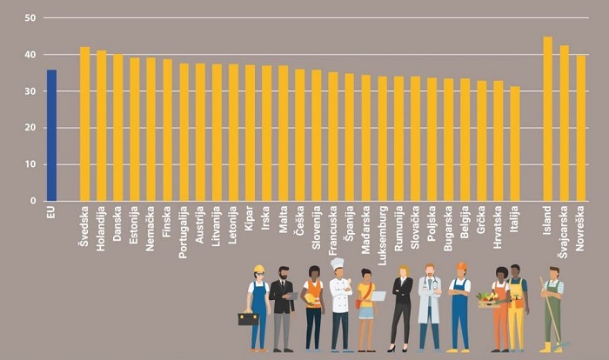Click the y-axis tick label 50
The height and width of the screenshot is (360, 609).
coord(30,18)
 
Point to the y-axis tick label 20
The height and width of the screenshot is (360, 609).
coord(30,128)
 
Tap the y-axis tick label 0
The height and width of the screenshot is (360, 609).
coord(33,201)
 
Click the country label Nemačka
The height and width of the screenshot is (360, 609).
coord(151,229)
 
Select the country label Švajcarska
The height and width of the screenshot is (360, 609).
coord(565,233)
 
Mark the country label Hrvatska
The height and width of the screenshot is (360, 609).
coord(499,228)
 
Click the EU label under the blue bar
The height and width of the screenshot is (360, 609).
coord(51,211)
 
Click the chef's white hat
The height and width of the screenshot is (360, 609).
coord(338,263)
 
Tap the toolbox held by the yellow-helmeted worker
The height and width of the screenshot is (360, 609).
coord(248,319)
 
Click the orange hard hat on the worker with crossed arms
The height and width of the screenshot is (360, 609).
coord(461,266)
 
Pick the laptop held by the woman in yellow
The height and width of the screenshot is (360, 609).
coord(377,297)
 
